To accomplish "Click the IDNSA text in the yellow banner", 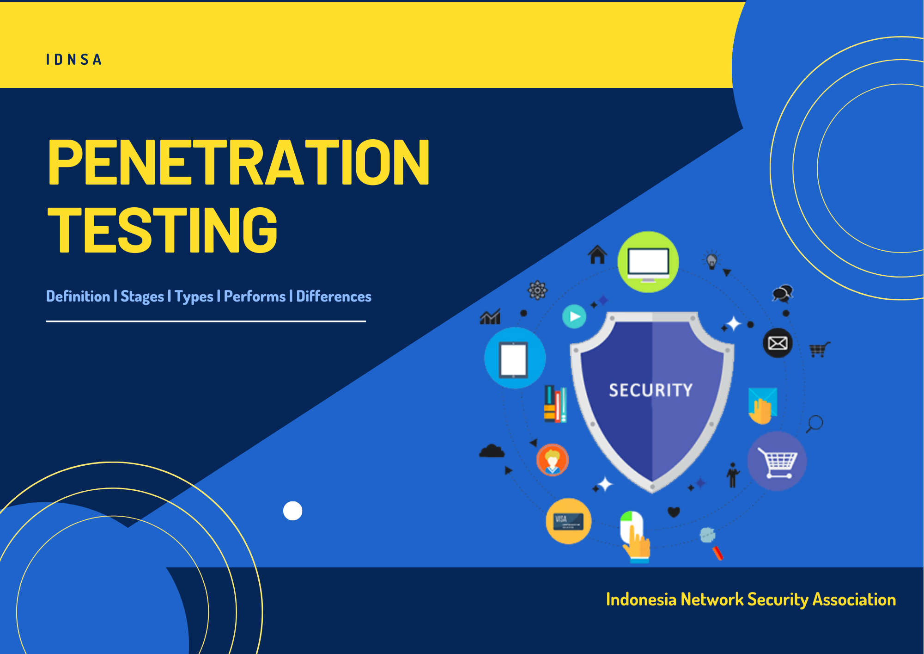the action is click(74, 60).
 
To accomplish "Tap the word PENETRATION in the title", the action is click(239, 162).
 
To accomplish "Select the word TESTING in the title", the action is click(163, 230).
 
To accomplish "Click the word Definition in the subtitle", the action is click(78, 296).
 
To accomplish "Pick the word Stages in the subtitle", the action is click(142, 297).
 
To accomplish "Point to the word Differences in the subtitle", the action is click(334, 296).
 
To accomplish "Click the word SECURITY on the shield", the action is click(651, 390).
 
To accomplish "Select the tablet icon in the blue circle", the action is click(514, 359).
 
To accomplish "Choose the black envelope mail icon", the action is click(778, 343).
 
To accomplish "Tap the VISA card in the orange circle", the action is click(569, 521).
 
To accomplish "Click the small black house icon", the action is click(597, 254).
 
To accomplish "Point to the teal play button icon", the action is click(574, 317).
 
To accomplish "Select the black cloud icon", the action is click(492, 451).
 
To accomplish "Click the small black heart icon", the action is click(674, 512).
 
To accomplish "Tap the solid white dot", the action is click(292, 511).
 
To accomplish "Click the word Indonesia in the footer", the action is click(641, 599).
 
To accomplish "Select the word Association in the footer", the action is click(854, 599).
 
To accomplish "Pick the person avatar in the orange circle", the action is click(553, 460).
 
